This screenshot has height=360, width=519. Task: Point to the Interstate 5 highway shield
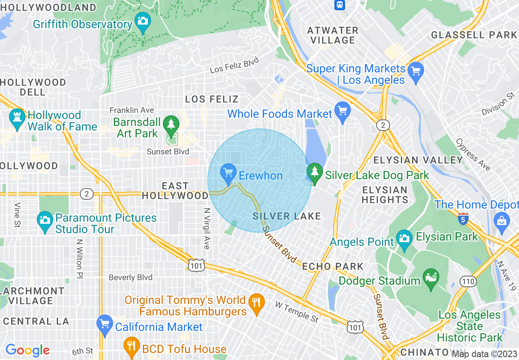463,218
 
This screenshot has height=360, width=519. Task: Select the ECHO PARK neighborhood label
333,266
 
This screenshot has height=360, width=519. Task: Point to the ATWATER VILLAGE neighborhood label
333,35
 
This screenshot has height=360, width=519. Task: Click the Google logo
27,350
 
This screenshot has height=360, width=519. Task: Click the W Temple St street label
297,311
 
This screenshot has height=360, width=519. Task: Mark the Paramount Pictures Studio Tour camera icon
45,220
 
